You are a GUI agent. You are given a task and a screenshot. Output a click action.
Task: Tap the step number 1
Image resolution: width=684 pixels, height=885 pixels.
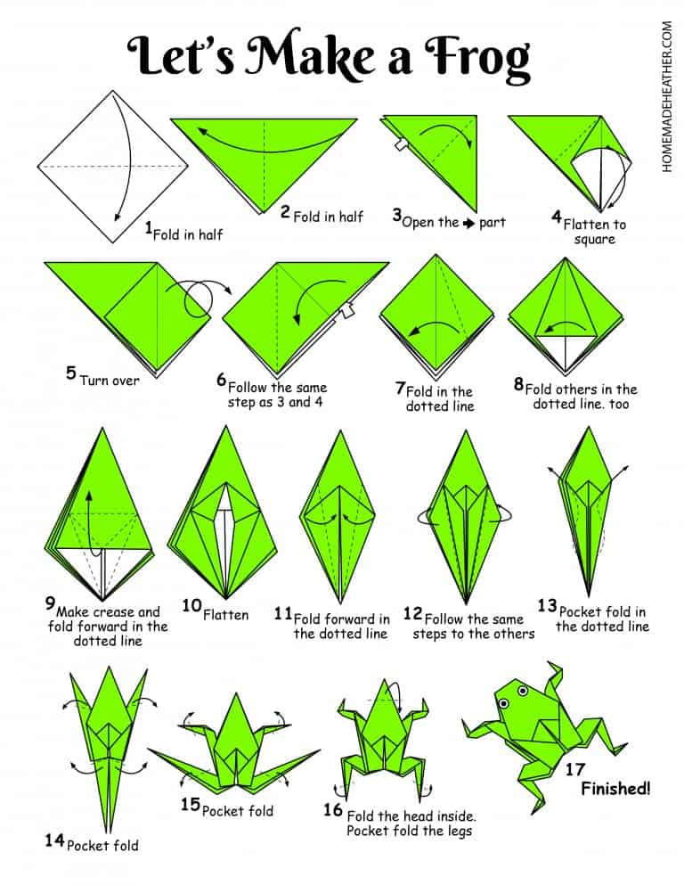(149, 228)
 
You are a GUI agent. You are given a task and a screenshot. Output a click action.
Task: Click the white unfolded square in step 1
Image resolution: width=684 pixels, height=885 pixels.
(113, 167)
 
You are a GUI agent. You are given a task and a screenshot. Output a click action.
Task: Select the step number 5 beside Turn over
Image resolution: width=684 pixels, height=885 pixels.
(71, 373)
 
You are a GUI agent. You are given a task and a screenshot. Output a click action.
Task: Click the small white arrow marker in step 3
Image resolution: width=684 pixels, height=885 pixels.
(401, 144)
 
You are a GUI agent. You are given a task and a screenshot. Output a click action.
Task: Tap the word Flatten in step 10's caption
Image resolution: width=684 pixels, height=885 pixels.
(225, 614)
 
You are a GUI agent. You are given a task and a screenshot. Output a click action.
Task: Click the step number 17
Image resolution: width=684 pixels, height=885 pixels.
(575, 769)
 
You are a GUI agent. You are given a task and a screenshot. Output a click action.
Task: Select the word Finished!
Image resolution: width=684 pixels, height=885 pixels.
(615, 788)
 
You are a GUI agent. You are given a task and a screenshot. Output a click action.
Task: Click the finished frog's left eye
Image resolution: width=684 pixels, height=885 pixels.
(502, 702)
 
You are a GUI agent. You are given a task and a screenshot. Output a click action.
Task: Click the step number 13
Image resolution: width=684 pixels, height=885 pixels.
(547, 606)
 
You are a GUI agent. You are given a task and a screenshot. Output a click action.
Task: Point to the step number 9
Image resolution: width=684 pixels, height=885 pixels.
(51, 602)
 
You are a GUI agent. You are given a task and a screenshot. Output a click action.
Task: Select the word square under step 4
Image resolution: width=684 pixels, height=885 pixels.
(594, 240)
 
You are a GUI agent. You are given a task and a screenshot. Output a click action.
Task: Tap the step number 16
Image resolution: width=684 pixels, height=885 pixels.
(333, 809)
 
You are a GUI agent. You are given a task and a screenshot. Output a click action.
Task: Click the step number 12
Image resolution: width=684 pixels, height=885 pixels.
(412, 613)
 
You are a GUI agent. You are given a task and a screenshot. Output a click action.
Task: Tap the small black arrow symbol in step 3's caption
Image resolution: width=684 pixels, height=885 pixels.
(468, 223)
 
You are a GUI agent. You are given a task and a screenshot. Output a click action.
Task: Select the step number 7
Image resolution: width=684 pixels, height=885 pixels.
(401, 389)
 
